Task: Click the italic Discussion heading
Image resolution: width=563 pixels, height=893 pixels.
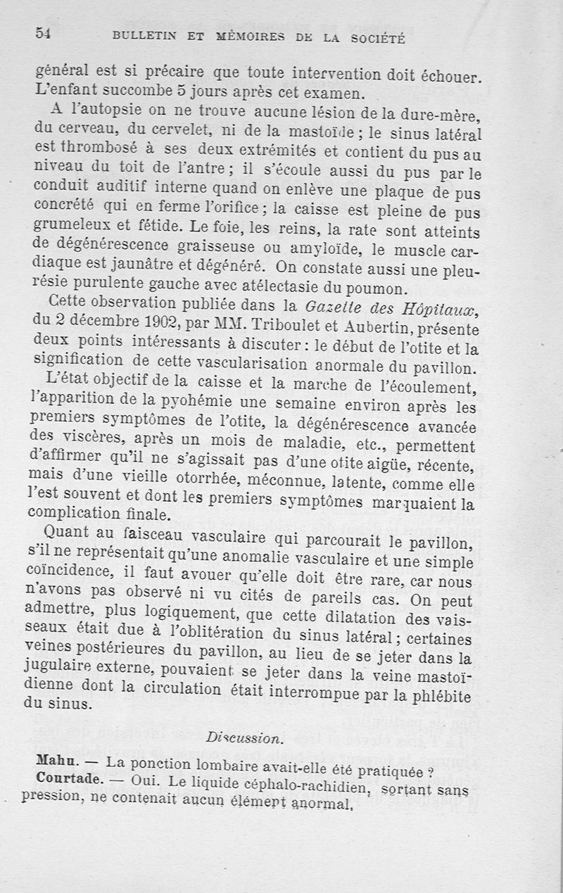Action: coord(245,738)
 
